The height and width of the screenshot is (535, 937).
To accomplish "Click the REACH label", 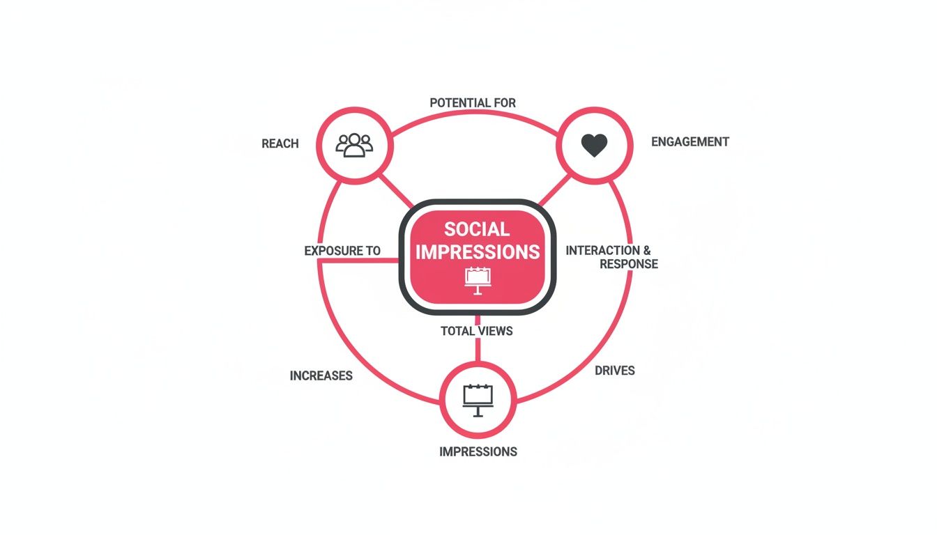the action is [x=280, y=144].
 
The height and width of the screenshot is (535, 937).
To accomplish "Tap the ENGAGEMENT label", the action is [x=690, y=142].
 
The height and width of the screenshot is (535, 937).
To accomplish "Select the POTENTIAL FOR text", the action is [x=473, y=103].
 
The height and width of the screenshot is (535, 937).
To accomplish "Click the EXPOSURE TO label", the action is [x=342, y=251].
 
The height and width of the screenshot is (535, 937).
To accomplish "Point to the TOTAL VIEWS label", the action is [x=476, y=331].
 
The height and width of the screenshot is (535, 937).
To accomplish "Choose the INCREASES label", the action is [x=321, y=375].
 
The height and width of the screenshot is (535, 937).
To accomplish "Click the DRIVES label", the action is [x=614, y=371].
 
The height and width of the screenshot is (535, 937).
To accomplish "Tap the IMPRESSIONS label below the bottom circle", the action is [x=478, y=451].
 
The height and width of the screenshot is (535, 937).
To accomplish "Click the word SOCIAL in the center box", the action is [x=477, y=229].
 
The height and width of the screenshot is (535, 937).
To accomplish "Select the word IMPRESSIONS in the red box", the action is [x=478, y=252].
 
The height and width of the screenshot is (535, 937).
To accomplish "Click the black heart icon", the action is [x=594, y=145].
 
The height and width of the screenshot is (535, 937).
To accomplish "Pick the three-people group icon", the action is [x=354, y=144].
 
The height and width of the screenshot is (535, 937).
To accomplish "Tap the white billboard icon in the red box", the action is [x=478, y=279].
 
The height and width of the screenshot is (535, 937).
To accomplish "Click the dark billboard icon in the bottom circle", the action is [x=478, y=400].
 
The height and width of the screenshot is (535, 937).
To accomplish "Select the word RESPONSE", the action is [x=628, y=264].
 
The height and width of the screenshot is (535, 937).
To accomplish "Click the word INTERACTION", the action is [x=602, y=250].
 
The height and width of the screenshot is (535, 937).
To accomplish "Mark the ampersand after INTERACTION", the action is [x=646, y=250].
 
